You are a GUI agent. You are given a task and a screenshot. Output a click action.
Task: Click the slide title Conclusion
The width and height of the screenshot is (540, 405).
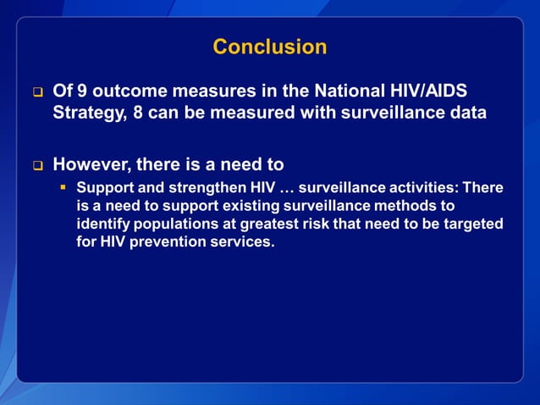[269, 47]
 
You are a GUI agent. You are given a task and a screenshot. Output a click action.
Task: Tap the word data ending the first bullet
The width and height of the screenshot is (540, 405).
[466, 113]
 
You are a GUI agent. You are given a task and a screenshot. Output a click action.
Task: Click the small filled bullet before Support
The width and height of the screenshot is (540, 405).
[63, 187]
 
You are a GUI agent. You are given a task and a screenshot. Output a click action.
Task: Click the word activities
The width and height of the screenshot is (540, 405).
[419, 187]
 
